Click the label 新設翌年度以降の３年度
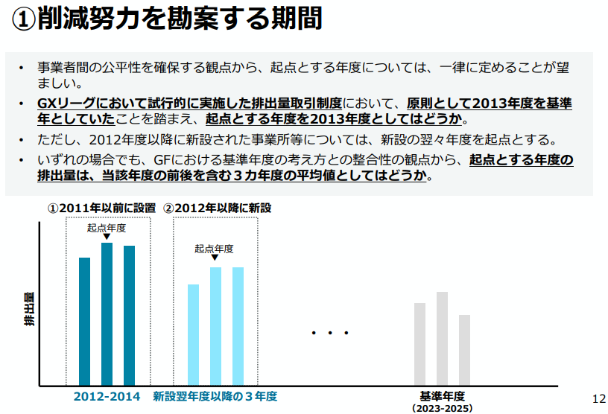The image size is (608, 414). click(x=215, y=396)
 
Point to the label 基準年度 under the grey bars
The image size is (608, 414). click(x=442, y=396)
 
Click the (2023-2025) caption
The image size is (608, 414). click(x=442, y=408)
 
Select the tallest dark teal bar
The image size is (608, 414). click(x=107, y=313)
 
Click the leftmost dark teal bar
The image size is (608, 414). click(x=84, y=320)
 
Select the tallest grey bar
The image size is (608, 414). click(x=442, y=338)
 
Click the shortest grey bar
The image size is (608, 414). click(x=464, y=349)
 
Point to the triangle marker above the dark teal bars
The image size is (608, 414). click(x=107, y=237)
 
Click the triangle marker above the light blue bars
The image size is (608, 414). click(x=215, y=258)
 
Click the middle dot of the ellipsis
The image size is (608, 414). click(x=329, y=333)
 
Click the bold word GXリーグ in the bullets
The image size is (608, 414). click(x=63, y=103)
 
